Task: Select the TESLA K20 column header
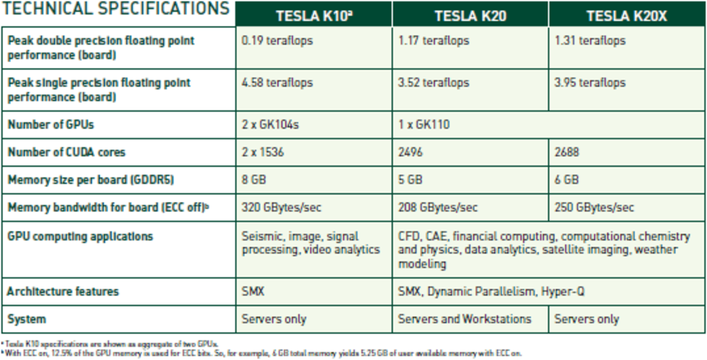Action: pyautogui.click(x=470, y=15)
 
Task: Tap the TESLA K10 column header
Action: pyautogui.click(x=313, y=15)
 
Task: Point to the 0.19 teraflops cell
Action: pyautogui.click(x=277, y=40)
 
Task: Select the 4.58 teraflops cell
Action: pyautogui.click(x=277, y=82)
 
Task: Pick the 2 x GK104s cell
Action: pyautogui.click(x=271, y=124)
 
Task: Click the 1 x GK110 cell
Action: pyautogui.click(x=423, y=124)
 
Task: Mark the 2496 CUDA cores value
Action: pyautogui.click(x=411, y=152)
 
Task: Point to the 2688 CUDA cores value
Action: pyautogui.click(x=568, y=152)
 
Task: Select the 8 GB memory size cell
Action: pyautogui.click(x=254, y=180)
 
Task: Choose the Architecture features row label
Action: pyautogui.click(x=63, y=291)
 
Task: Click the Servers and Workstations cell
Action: pyautogui.click(x=465, y=318)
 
